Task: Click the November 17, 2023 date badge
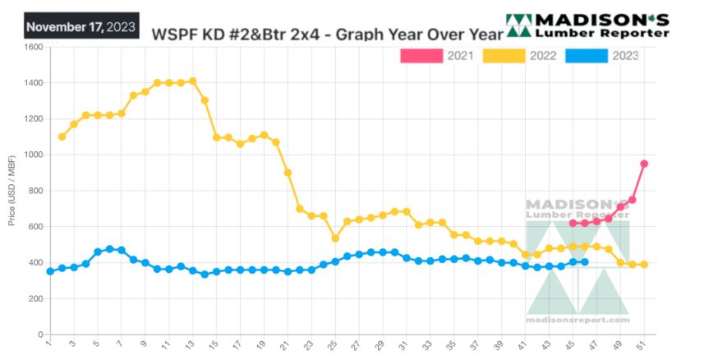point(81,26)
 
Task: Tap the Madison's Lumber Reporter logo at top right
point(587,25)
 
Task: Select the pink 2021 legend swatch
point(419,56)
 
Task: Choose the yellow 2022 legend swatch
point(503,56)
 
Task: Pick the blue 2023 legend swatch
point(587,56)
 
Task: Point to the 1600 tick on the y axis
point(33,47)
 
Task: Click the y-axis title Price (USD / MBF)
point(12,191)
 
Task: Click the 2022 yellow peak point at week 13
point(193,81)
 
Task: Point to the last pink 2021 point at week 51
point(645,164)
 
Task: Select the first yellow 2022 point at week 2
point(62,136)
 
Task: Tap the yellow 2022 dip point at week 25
point(335,238)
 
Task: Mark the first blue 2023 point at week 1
point(50,271)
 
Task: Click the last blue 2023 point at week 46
point(585,262)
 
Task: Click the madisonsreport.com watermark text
point(577,316)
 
